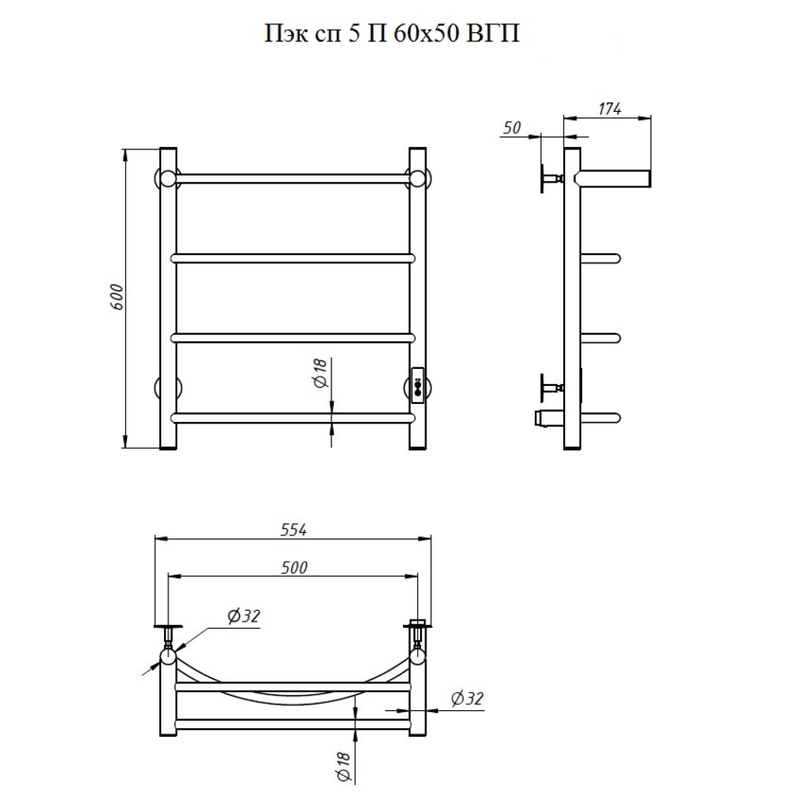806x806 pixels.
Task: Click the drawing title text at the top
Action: (391, 34)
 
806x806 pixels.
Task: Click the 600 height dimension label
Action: (116, 296)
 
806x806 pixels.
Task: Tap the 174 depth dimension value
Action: (610, 109)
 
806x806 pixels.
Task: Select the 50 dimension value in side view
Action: (512, 127)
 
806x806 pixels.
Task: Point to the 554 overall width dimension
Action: (294, 530)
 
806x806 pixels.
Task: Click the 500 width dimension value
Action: (294, 568)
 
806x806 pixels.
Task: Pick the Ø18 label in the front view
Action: (320, 373)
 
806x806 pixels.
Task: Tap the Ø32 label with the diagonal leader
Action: (244, 616)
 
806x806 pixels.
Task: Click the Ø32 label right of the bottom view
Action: (467, 699)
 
